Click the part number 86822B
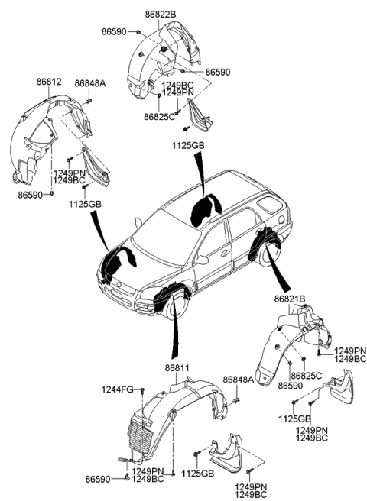click(x=158, y=14)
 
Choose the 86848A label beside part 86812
click(x=89, y=82)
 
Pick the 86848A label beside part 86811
click(x=238, y=380)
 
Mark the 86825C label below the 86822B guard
click(x=160, y=117)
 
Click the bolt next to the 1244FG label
click(x=142, y=391)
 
